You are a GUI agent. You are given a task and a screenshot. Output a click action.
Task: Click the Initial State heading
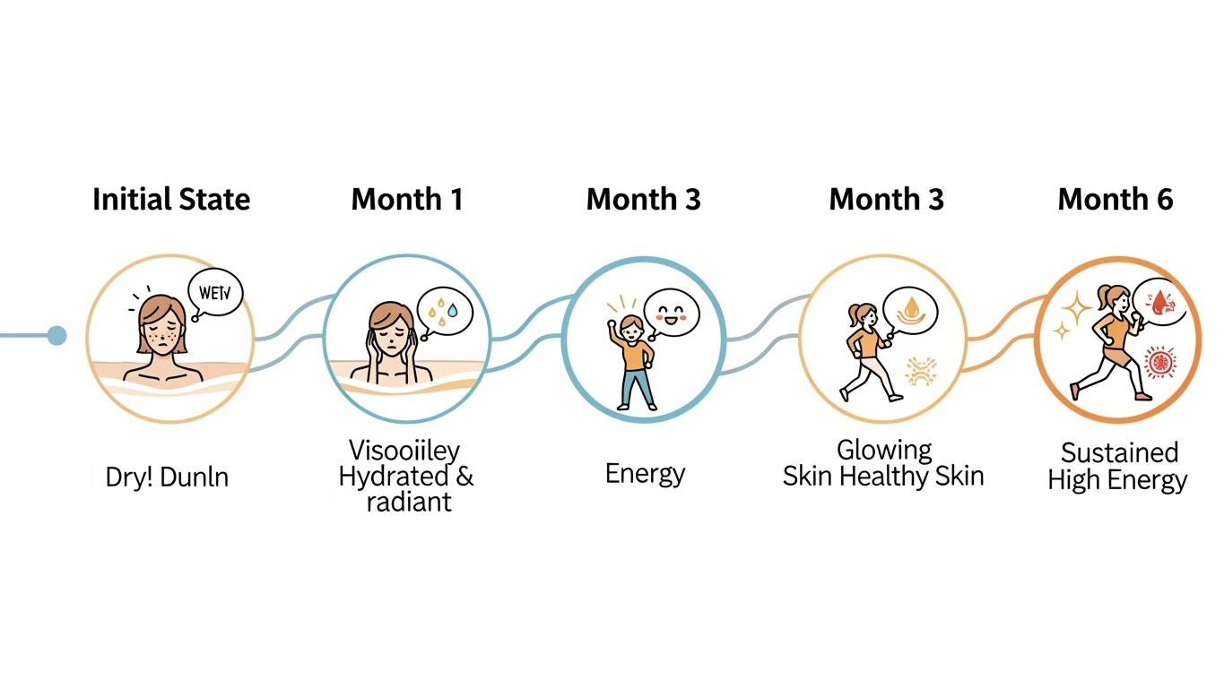170,199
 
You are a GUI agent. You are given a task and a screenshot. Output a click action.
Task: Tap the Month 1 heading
407,199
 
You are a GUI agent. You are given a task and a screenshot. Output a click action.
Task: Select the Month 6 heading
1115,199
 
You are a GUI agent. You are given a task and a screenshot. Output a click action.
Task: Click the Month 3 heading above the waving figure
643,199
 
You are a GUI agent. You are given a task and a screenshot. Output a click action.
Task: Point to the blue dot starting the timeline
56,336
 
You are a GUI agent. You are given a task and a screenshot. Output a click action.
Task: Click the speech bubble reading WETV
215,293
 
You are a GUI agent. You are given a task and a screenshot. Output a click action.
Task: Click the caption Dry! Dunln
167,477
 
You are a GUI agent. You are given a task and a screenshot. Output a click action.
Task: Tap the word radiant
408,501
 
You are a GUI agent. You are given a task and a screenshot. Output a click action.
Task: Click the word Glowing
884,449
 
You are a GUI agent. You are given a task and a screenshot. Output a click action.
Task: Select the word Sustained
1119,451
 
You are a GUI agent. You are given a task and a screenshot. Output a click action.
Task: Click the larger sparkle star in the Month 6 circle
1076,309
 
